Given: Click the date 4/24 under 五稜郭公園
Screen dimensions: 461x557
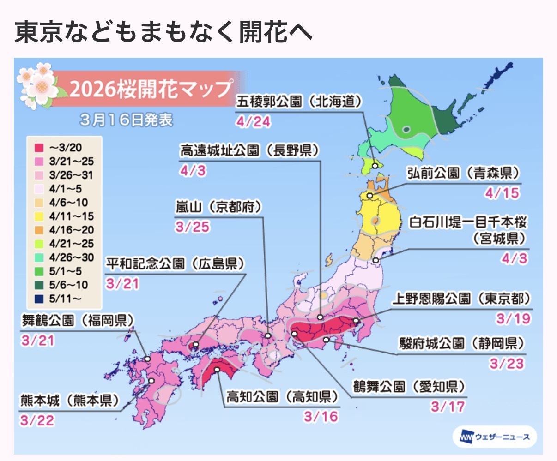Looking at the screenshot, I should (253, 122).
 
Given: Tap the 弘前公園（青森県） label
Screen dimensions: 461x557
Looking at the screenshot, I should (463, 173).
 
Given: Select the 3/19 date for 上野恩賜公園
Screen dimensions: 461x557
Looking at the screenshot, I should (513, 319).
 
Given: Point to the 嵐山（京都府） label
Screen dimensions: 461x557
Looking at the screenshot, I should (218, 207).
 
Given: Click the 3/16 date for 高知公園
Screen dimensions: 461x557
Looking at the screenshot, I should (321, 417).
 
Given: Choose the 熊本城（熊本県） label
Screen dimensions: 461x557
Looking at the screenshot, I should (69, 401).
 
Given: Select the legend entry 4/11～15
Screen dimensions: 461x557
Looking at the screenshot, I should (71, 216).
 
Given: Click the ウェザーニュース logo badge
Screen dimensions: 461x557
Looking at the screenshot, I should (495, 437).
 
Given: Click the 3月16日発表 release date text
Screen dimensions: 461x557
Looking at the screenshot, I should (126, 120).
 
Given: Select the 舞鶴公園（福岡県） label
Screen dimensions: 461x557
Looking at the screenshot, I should (78, 320).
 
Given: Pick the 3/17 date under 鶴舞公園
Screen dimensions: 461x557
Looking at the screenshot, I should (448, 407).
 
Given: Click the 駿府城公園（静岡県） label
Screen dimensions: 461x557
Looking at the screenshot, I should (462, 343).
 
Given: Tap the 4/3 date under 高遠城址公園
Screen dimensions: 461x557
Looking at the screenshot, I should (193, 171).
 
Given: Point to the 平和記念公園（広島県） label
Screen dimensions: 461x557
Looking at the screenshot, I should (176, 264).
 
